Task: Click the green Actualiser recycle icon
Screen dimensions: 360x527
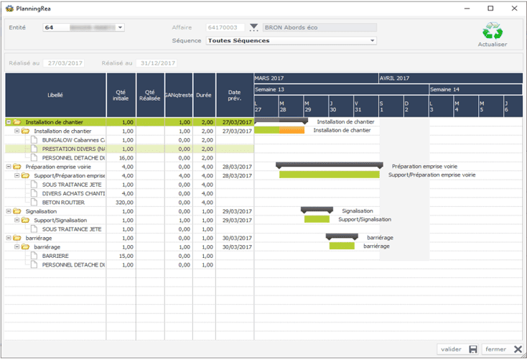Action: [493, 32]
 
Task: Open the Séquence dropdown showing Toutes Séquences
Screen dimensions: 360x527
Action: [291, 41]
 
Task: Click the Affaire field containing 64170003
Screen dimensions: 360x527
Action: [226, 27]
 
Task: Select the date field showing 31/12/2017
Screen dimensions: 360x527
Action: [157, 63]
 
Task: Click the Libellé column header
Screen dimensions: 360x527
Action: [55, 94]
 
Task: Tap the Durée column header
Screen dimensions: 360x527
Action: [204, 94]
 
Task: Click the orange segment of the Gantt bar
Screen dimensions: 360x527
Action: [292, 130]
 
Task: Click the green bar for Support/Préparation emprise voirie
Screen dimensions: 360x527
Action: [329, 175]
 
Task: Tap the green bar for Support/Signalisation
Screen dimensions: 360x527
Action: [317, 219]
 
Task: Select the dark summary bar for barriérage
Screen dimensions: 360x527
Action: [342, 236]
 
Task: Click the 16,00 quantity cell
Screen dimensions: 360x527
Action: [121, 157]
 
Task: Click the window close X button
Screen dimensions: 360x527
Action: [513, 8]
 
